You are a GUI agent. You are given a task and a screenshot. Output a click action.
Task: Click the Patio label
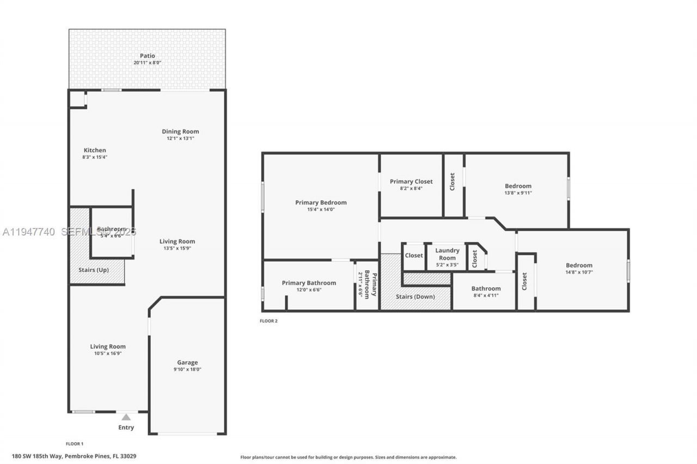(x=147, y=55)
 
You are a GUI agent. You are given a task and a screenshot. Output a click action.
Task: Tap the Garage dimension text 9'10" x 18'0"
(x=187, y=369)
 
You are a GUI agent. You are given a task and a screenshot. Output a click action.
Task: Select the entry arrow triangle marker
(x=126, y=417)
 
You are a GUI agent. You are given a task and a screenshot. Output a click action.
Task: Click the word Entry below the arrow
(x=126, y=428)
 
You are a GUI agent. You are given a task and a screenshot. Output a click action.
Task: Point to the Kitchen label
(x=95, y=150)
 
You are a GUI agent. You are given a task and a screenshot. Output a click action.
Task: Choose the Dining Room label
(x=180, y=131)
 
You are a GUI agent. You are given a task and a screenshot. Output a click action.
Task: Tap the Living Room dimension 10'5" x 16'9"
(x=108, y=353)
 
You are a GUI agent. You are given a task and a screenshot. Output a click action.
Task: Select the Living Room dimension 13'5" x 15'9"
(x=177, y=248)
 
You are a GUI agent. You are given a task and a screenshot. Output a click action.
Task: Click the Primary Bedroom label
(x=321, y=202)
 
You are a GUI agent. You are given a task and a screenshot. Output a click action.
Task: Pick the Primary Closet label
(x=411, y=182)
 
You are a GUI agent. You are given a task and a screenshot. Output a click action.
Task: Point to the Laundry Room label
(x=447, y=254)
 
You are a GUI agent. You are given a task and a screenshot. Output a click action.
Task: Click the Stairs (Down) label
(x=415, y=296)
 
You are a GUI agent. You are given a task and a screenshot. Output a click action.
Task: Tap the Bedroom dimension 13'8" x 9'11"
(x=518, y=193)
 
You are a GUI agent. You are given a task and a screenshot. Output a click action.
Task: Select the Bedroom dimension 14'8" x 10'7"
(x=579, y=272)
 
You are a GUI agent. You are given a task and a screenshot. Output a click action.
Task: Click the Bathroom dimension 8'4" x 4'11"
(x=486, y=295)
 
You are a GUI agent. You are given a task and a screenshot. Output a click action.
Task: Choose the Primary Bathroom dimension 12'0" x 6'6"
(x=309, y=289)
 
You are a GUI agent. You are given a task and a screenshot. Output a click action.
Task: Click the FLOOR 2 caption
(x=268, y=321)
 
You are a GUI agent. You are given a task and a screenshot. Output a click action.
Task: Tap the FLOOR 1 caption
(x=75, y=444)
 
